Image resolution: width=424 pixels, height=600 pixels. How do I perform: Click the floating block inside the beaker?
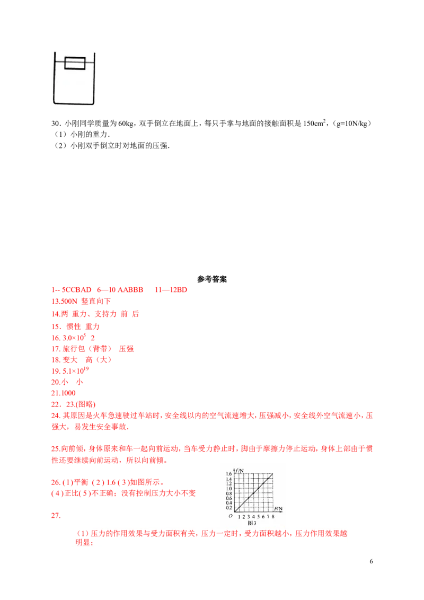click(x=75, y=63)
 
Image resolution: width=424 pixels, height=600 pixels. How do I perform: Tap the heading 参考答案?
click(x=212, y=279)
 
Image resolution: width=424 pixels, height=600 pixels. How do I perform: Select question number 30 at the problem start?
click(x=56, y=123)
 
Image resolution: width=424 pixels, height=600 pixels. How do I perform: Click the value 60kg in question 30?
click(x=126, y=123)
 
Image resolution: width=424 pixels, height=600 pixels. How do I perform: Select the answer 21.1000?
click(x=64, y=393)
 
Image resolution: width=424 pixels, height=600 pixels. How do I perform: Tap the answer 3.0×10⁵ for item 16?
click(x=74, y=338)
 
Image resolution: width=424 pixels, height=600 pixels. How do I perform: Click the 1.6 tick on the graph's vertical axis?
click(x=229, y=474)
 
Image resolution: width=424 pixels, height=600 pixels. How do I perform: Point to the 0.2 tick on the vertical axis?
click(x=229, y=508)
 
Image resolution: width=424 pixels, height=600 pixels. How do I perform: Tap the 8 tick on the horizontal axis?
click(x=273, y=517)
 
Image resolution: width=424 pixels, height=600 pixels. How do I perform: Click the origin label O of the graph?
click(x=231, y=516)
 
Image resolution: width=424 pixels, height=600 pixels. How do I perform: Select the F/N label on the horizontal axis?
click(x=278, y=509)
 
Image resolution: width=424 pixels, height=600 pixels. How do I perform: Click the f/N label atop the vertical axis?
click(x=240, y=471)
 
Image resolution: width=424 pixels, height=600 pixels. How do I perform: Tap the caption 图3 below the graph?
click(x=252, y=523)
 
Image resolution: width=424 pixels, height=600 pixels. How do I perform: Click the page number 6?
click(x=371, y=561)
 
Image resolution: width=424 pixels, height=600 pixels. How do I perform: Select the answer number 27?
click(x=56, y=515)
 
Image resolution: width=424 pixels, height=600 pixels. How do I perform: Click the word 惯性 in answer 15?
click(x=74, y=327)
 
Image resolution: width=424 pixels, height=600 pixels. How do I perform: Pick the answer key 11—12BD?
click(x=171, y=290)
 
